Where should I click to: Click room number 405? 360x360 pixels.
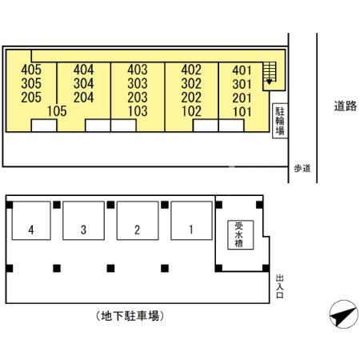(x=31, y=70)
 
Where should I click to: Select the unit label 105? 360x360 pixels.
(x=57, y=111)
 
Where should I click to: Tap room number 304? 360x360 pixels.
(x=84, y=83)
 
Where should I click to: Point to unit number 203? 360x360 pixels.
(x=138, y=98)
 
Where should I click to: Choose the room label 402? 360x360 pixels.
(x=191, y=70)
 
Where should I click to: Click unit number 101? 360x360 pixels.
(x=242, y=112)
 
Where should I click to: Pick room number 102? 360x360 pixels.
(x=191, y=111)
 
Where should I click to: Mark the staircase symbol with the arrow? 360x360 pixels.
(x=270, y=74)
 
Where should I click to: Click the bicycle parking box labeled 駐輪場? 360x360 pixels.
(x=280, y=121)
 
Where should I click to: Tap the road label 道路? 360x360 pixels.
(x=346, y=106)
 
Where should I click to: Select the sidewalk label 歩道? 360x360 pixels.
(x=302, y=168)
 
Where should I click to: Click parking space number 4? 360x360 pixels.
(x=31, y=221)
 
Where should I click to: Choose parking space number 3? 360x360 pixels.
(x=83, y=221)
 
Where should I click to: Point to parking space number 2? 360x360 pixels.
(x=138, y=221)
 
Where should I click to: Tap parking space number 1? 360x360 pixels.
(x=191, y=221)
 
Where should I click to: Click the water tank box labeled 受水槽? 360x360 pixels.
(x=240, y=235)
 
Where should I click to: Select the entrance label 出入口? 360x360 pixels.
(x=279, y=286)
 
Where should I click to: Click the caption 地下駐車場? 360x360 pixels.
(x=130, y=316)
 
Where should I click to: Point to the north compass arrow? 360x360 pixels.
(x=343, y=316)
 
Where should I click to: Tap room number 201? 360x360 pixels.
(x=242, y=98)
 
